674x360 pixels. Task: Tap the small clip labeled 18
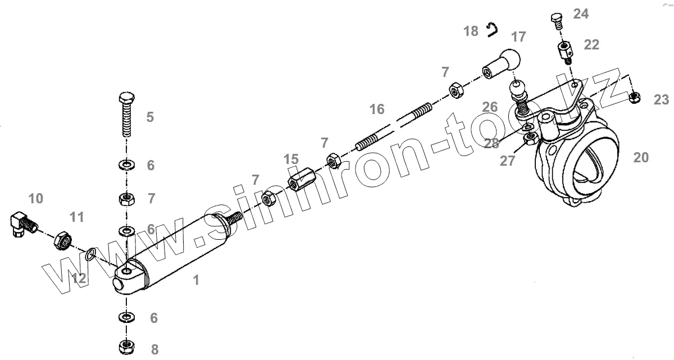(493, 29)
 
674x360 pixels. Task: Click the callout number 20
(640, 158)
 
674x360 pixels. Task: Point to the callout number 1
(196, 280)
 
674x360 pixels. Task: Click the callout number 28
(491, 144)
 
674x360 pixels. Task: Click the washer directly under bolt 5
(126, 165)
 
